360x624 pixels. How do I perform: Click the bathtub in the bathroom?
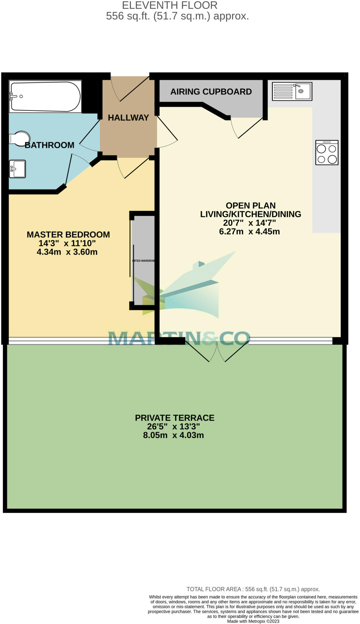tap(45, 97)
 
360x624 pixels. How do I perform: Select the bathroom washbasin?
tap(17, 169)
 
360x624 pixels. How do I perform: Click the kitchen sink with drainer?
tap(292, 91)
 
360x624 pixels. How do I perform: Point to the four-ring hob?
tap(327, 152)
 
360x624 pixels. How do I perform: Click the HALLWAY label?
tap(128, 118)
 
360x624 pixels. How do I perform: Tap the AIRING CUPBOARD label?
tap(211, 92)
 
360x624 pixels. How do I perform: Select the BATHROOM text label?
tap(49, 145)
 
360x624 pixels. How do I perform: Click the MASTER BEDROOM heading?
tap(68, 235)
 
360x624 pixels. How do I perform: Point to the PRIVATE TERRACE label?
tap(175, 418)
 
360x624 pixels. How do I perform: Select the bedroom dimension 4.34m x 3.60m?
tap(67, 252)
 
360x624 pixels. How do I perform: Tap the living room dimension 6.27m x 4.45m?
tap(249, 232)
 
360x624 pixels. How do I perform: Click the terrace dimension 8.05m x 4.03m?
tap(173, 435)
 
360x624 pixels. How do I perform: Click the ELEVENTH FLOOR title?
tap(170, 5)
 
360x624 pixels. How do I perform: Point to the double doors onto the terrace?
tap(217, 352)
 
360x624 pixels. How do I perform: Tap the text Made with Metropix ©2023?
tap(253, 621)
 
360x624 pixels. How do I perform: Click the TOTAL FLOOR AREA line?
tap(253, 589)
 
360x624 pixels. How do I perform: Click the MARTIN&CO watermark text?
tap(179, 338)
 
